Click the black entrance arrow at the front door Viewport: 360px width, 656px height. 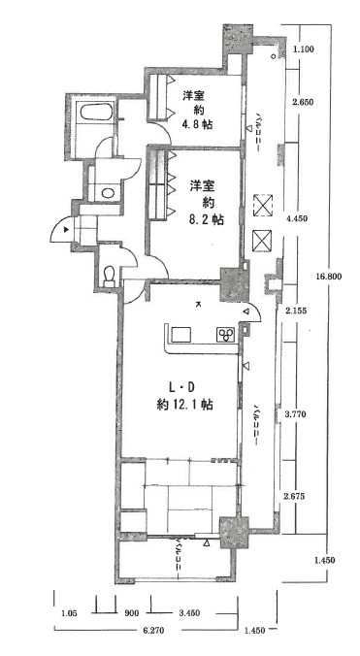point(66,231)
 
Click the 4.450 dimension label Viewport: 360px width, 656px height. point(296,219)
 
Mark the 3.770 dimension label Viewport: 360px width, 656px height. point(296,414)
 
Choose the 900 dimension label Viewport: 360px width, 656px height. point(133,613)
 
